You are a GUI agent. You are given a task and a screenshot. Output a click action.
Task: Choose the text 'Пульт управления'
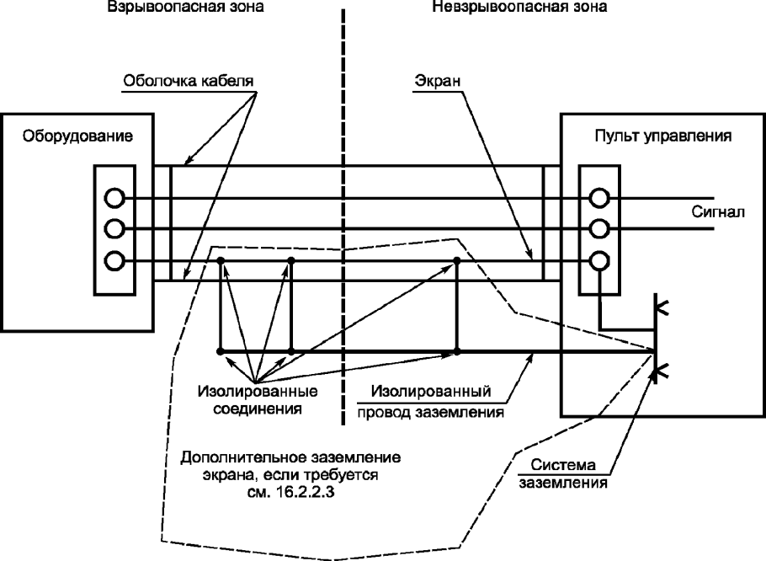pos(662,135)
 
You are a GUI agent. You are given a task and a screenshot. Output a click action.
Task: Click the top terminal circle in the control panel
pos(598,198)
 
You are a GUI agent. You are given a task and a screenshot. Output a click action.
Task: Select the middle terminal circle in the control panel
pos(598,229)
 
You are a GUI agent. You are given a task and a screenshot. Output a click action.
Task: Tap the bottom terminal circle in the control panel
pos(598,261)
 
